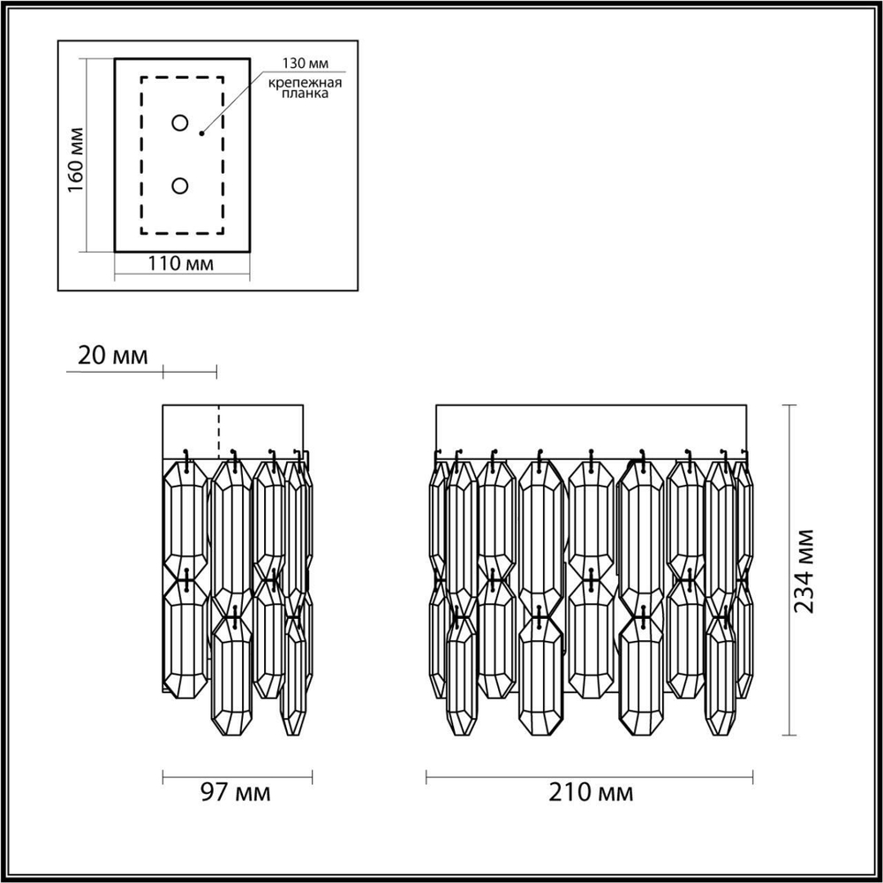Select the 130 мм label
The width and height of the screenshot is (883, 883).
[x=301, y=64]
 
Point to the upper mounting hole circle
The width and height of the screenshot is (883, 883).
[x=180, y=123]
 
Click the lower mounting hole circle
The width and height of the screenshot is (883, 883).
[x=180, y=186]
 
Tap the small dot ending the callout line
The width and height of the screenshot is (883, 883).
[x=202, y=133]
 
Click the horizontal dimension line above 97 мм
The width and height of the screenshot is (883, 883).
[x=238, y=777]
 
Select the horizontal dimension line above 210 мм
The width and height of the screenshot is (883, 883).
[x=590, y=777]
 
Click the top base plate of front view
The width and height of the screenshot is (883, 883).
[x=590, y=430]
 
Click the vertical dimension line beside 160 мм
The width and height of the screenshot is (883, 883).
[x=86, y=155]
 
